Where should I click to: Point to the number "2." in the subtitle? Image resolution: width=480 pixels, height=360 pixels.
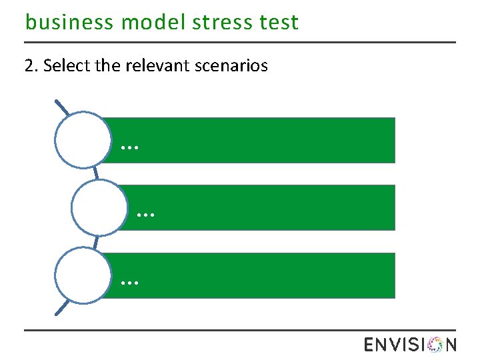click(31, 66)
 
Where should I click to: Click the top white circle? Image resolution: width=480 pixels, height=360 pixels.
click(81, 140)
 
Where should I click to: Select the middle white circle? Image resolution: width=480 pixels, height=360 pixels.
click(98, 208)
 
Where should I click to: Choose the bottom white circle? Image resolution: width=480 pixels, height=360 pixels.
click(81, 276)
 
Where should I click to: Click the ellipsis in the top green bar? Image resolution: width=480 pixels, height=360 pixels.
click(130, 145)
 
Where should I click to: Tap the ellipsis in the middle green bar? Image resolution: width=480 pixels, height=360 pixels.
click(145, 214)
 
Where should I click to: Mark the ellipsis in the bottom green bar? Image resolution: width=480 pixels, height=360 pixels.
click(130, 281)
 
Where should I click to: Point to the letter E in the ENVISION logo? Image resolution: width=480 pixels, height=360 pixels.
click(371, 345)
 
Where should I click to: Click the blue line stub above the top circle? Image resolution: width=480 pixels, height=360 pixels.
click(62, 107)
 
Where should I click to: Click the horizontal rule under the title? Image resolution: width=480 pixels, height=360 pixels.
click(240, 42)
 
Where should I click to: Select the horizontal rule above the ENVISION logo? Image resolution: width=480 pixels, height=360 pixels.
click(240, 329)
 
